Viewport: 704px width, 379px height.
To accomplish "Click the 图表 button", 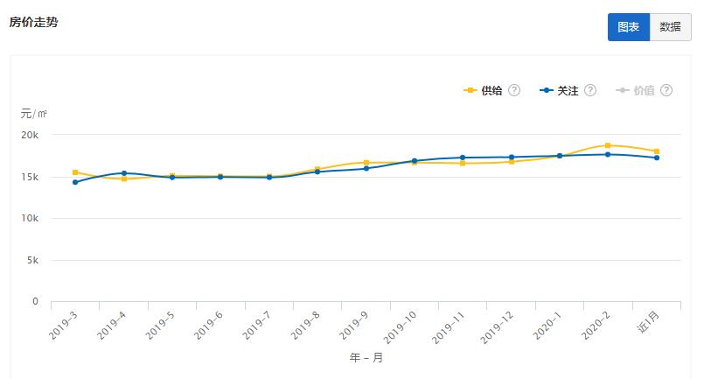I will [628, 27].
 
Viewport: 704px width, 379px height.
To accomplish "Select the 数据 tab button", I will [670, 27].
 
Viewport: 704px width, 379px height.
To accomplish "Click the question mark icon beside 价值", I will [666, 90].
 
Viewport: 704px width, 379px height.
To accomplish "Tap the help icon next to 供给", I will [514, 90].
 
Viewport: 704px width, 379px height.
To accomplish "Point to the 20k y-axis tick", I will [30, 136].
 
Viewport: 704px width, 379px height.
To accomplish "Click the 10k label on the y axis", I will [30, 219].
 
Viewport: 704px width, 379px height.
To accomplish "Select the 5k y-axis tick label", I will [32, 260].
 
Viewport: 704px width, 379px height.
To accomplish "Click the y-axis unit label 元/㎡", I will [34, 113].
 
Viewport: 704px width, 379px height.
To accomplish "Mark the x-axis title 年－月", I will [366, 357].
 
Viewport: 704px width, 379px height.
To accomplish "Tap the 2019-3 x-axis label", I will [64, 326].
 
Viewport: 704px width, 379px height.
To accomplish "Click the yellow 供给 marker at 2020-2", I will [608, 145].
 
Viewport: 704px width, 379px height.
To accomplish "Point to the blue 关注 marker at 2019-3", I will [75, 182].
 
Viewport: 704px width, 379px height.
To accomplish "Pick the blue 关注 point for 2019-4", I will [124, 173].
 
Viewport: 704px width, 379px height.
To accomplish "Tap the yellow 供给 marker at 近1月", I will [657, 151].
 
